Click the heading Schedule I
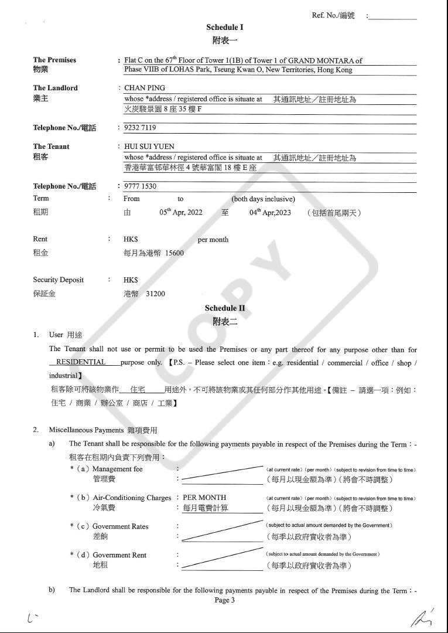click(x=224, y=27)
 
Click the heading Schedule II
click(x=225, y=308)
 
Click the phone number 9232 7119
click(x=140, y=127)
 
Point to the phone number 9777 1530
click(x=140, y=186)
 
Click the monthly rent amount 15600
click(x=174, y=253)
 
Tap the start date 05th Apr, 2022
click(x=181, y=212)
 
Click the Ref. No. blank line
click(x=393, y=18)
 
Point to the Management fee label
click(x=117, y=469)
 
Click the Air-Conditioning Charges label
click(x=132, y=498)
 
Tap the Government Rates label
click(x=120, y=526)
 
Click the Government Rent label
click(x=119, y=554)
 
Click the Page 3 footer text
click(x=225, y=600)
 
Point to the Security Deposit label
click(x=58, y=280)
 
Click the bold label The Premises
click(x=54, y=60)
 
